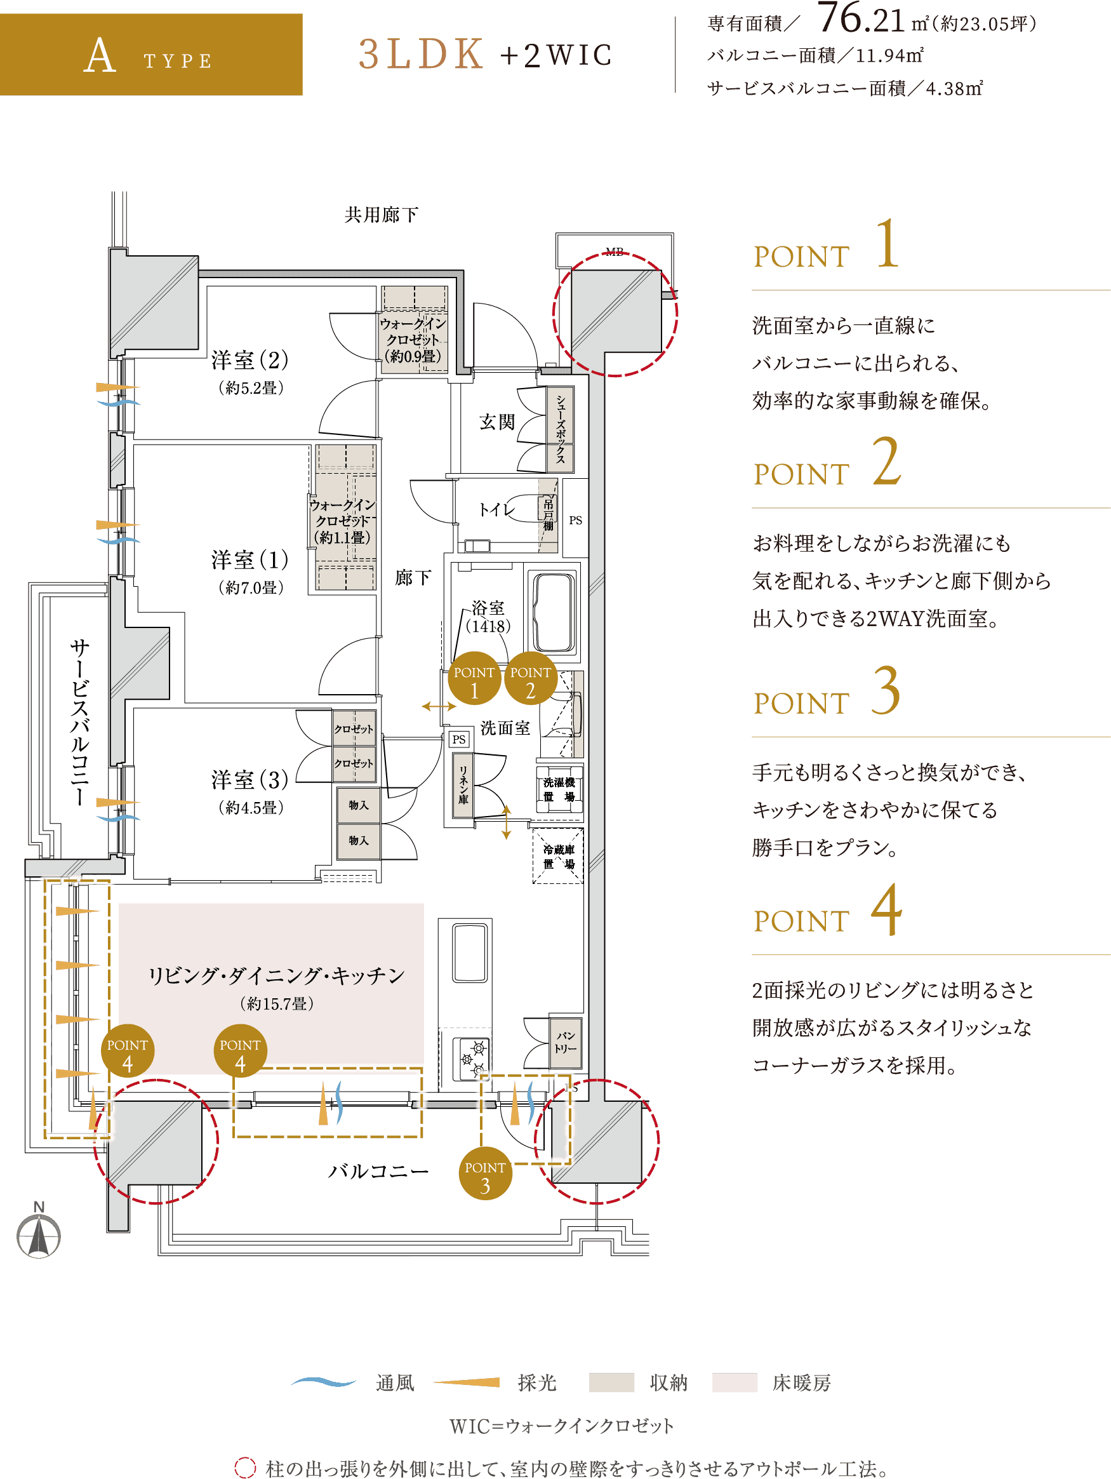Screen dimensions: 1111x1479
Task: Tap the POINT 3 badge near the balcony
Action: (x=485, y=1174)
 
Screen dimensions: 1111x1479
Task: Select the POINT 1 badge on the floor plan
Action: (x=474, y=679)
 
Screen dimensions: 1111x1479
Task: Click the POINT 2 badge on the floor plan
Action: (x=531, y=679)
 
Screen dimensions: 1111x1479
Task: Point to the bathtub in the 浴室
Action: (x=555, y=612)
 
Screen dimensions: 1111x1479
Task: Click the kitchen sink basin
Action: (x=470, y=953)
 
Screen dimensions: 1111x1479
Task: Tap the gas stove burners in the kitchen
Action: (x=472, y=1059)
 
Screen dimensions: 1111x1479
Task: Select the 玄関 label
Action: (x=497, y=422)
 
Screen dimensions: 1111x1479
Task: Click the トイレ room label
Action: (x=497, y=509)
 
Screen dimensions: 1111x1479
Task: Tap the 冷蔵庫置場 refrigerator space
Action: (x=558, y=857)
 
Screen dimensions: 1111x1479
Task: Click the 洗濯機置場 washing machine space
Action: (x=559, y=789)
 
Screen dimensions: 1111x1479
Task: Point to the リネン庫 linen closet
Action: (x=463, y=786)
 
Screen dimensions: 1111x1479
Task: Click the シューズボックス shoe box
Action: (x=560, y=429)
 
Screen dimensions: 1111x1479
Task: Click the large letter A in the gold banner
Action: (x=100, y=55)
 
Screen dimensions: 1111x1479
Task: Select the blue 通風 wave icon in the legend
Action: (x=324, y=1381)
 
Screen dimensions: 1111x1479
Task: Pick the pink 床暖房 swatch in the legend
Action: (x=735, y=1382)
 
